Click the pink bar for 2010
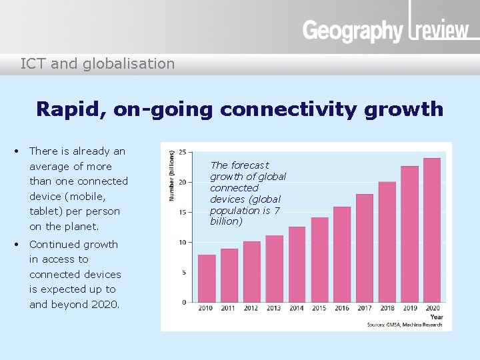[x=207, y=278]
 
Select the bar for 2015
[x=319, y=259]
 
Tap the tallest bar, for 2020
[x=432, y=230]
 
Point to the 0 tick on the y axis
[x=184, y=302]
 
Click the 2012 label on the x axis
[x=251, y=309]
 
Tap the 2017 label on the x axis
[x=364, y=309]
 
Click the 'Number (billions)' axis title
[x=171, y=175]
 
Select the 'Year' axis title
[x=437, y=317]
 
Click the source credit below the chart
[x=405, y=324]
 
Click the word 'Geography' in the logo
[x=353, y=31]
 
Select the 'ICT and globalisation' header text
[x=97, y=64]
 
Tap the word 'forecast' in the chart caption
[x=250, y=165]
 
